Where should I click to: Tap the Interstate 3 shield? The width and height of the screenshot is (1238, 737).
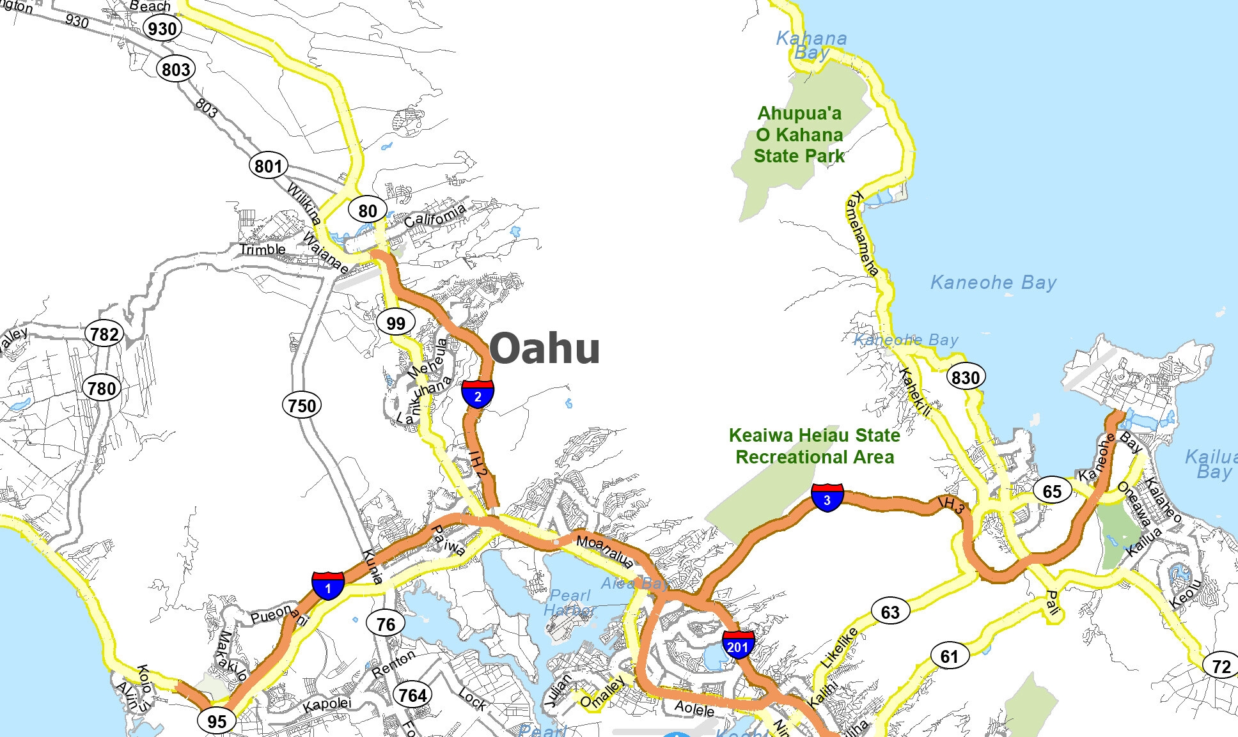coord(827,498)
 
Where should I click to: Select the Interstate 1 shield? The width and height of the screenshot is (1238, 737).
coord(328,586)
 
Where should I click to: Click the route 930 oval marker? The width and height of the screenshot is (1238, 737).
coord(162,28)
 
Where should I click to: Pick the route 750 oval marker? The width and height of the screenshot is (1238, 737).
coord(302,405)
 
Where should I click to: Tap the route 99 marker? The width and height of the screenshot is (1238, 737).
coord(396,323)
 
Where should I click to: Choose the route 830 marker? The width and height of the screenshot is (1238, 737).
coord(966,377)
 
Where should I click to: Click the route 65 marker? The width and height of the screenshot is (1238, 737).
coord(1052,491)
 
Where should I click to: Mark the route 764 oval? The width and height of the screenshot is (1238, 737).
coord(412,695)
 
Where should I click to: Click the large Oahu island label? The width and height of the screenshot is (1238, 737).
coord(545,348)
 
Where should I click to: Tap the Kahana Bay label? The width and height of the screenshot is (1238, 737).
coord(811,45)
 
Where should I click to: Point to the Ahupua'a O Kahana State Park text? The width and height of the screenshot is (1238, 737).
coord(799,135)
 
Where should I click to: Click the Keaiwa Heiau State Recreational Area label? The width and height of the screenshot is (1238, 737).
coord(815,446)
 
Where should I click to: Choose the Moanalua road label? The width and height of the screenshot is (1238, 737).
coord(605,552)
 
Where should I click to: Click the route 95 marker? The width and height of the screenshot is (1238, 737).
coord(217,721)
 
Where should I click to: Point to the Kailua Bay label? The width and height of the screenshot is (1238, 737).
coord(1211,464)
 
